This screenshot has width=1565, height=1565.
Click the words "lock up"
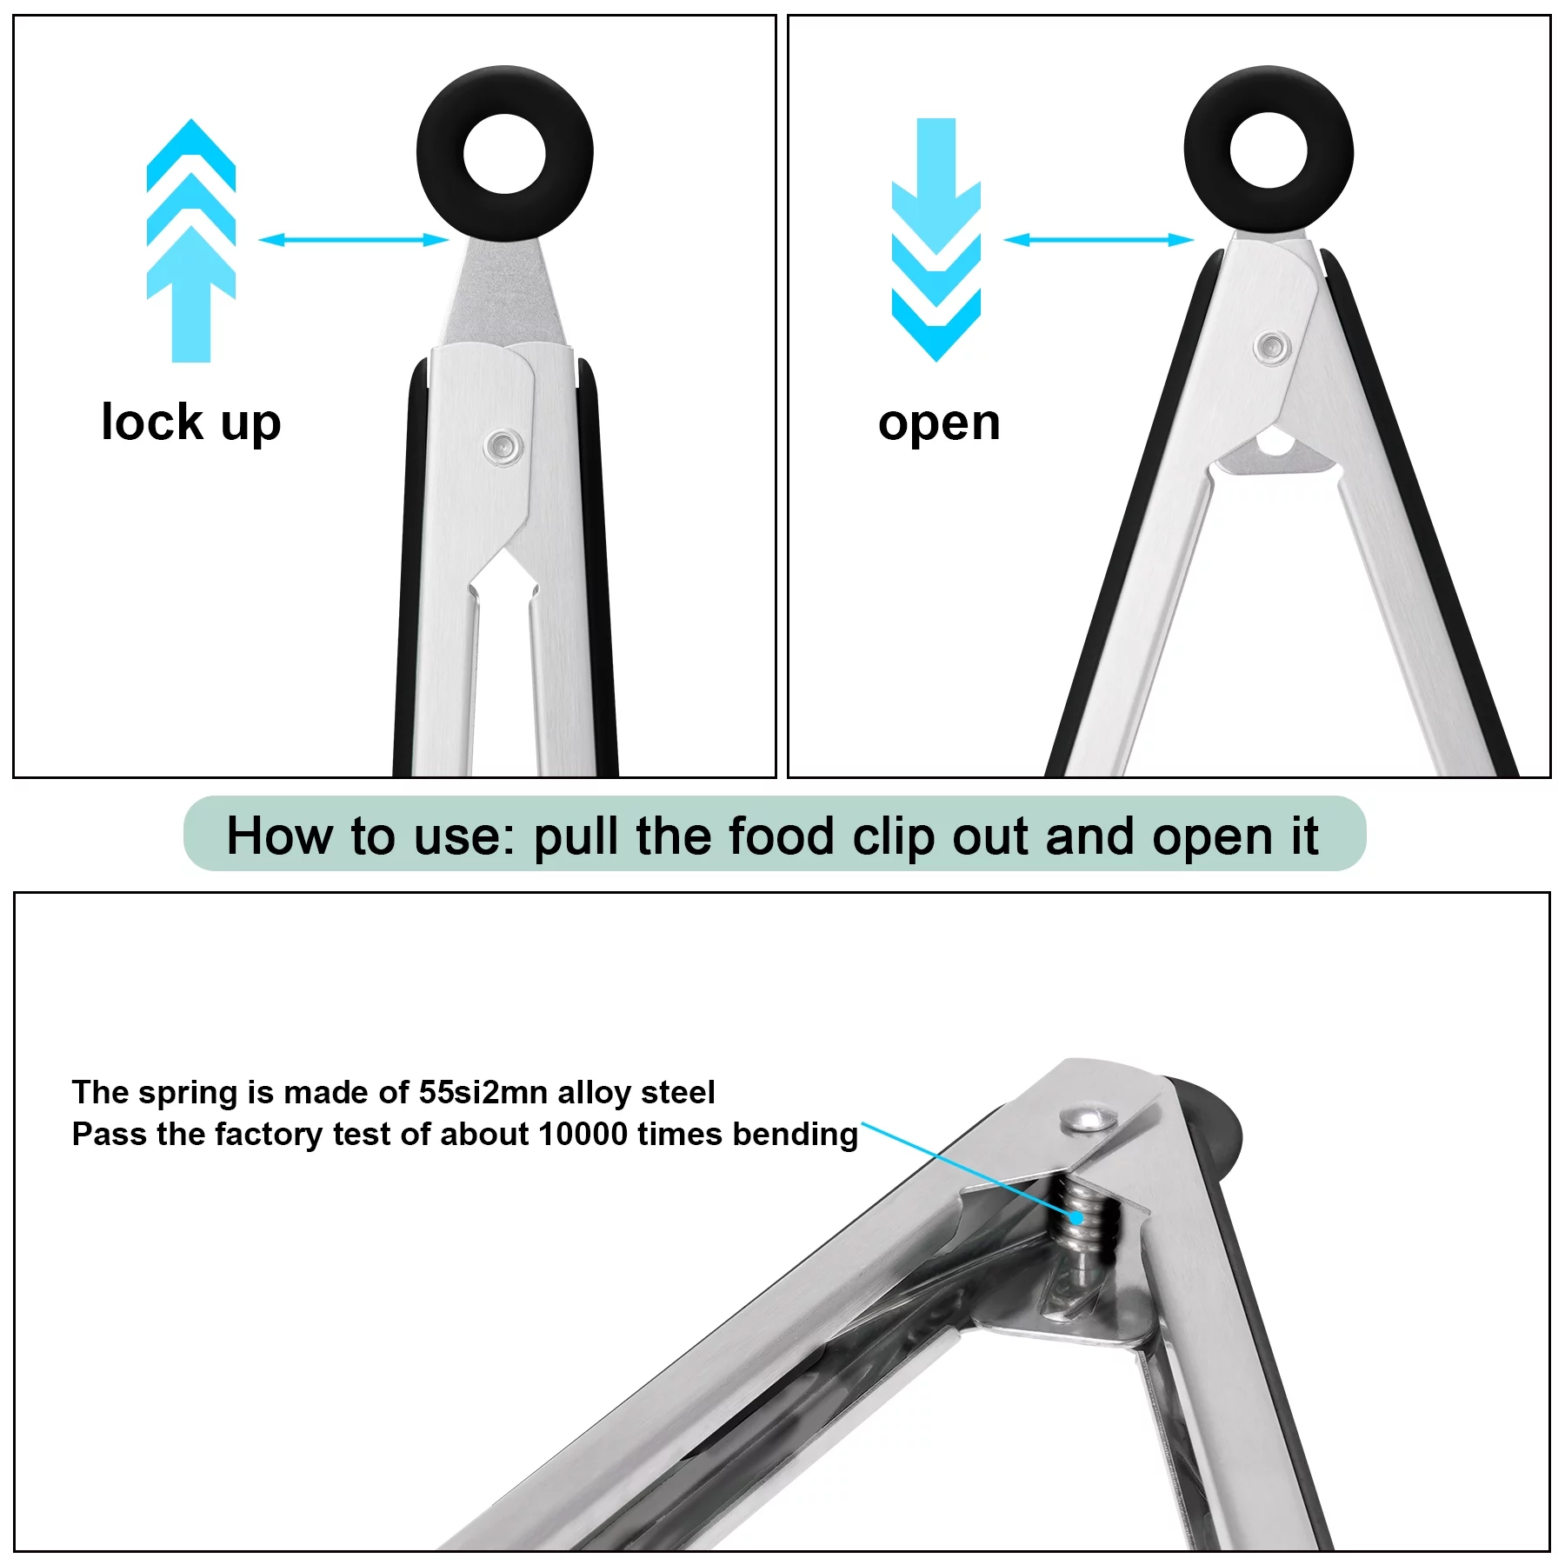[x=191, y=423]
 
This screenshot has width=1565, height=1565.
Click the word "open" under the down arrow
[x=939, y=423]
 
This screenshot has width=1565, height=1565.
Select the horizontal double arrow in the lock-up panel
[x=354, y=239]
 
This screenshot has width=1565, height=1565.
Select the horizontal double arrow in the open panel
[x=1099, y=239]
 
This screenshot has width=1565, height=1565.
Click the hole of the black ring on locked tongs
[x=504, y=156]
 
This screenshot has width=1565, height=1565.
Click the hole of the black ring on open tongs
[x=1269, y=151]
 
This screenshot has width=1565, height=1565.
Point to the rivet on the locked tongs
[x=503, y=447]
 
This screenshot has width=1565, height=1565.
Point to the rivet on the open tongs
[x=1272, y=347]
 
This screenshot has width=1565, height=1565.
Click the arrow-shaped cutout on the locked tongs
[x=503, y=581]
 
